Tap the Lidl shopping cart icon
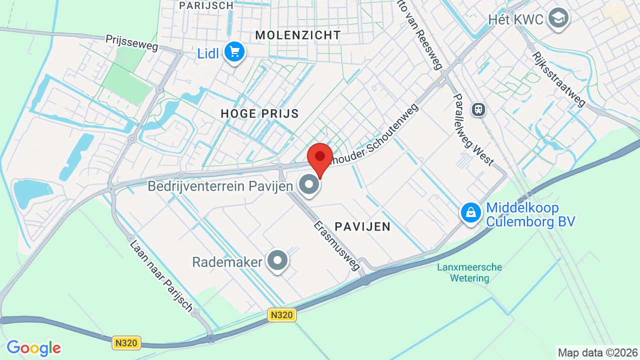[234, 52]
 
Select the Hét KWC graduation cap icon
[558, 18]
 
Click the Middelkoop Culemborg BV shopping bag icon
[470, 212]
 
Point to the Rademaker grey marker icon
[277, 260]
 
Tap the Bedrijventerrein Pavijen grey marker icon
[309, 185]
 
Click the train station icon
[478, 109]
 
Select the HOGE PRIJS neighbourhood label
[259, 113]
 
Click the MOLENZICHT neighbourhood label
[298, 35]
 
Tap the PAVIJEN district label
[362, 226]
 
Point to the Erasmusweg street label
[337, 245]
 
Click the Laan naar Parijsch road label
[160, 275]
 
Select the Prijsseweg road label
[132, 43]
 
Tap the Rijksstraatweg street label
[558, 79]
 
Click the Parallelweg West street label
[473, 130]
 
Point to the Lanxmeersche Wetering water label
[469, 272]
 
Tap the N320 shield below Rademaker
[282, 315]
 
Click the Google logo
[33, 348]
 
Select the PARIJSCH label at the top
[206, 5]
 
